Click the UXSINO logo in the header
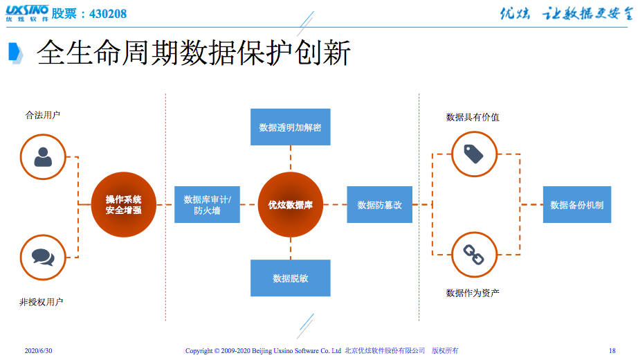[x=27, y=13]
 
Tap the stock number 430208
[x=108, y=14]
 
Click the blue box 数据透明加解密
[x=291, y=127]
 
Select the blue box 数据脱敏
[x=291, y=278]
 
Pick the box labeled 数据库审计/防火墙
[x=207, y=204]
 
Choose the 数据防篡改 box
[x=380, y=204]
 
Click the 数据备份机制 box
[x=577, y=204]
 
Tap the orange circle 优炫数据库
[x=291, y=204]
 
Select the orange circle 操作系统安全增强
[x=124, y=204]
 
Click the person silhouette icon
[x=43, y=156]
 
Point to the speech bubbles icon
[x=43, y=258]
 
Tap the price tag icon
[x=473, y=154]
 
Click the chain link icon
[x=473, y=255]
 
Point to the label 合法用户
[x=43, y=115]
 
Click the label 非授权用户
[x=41, y=302]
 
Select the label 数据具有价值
[x=473, y=117]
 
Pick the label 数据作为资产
[x=473, y=293]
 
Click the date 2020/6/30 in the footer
[x=38, y=350]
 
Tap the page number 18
[x=612, y=350]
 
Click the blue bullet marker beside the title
[x=15, y=53]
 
